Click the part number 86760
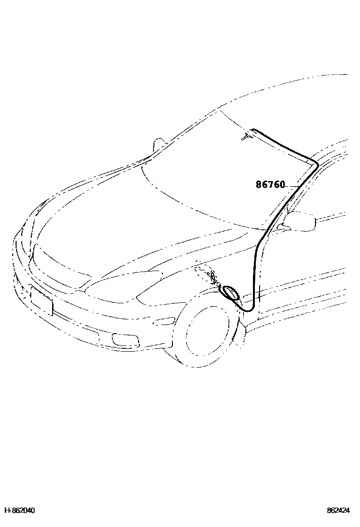point(270,184)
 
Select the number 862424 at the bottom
point(338,510)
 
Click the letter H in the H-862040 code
point(6,510)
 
